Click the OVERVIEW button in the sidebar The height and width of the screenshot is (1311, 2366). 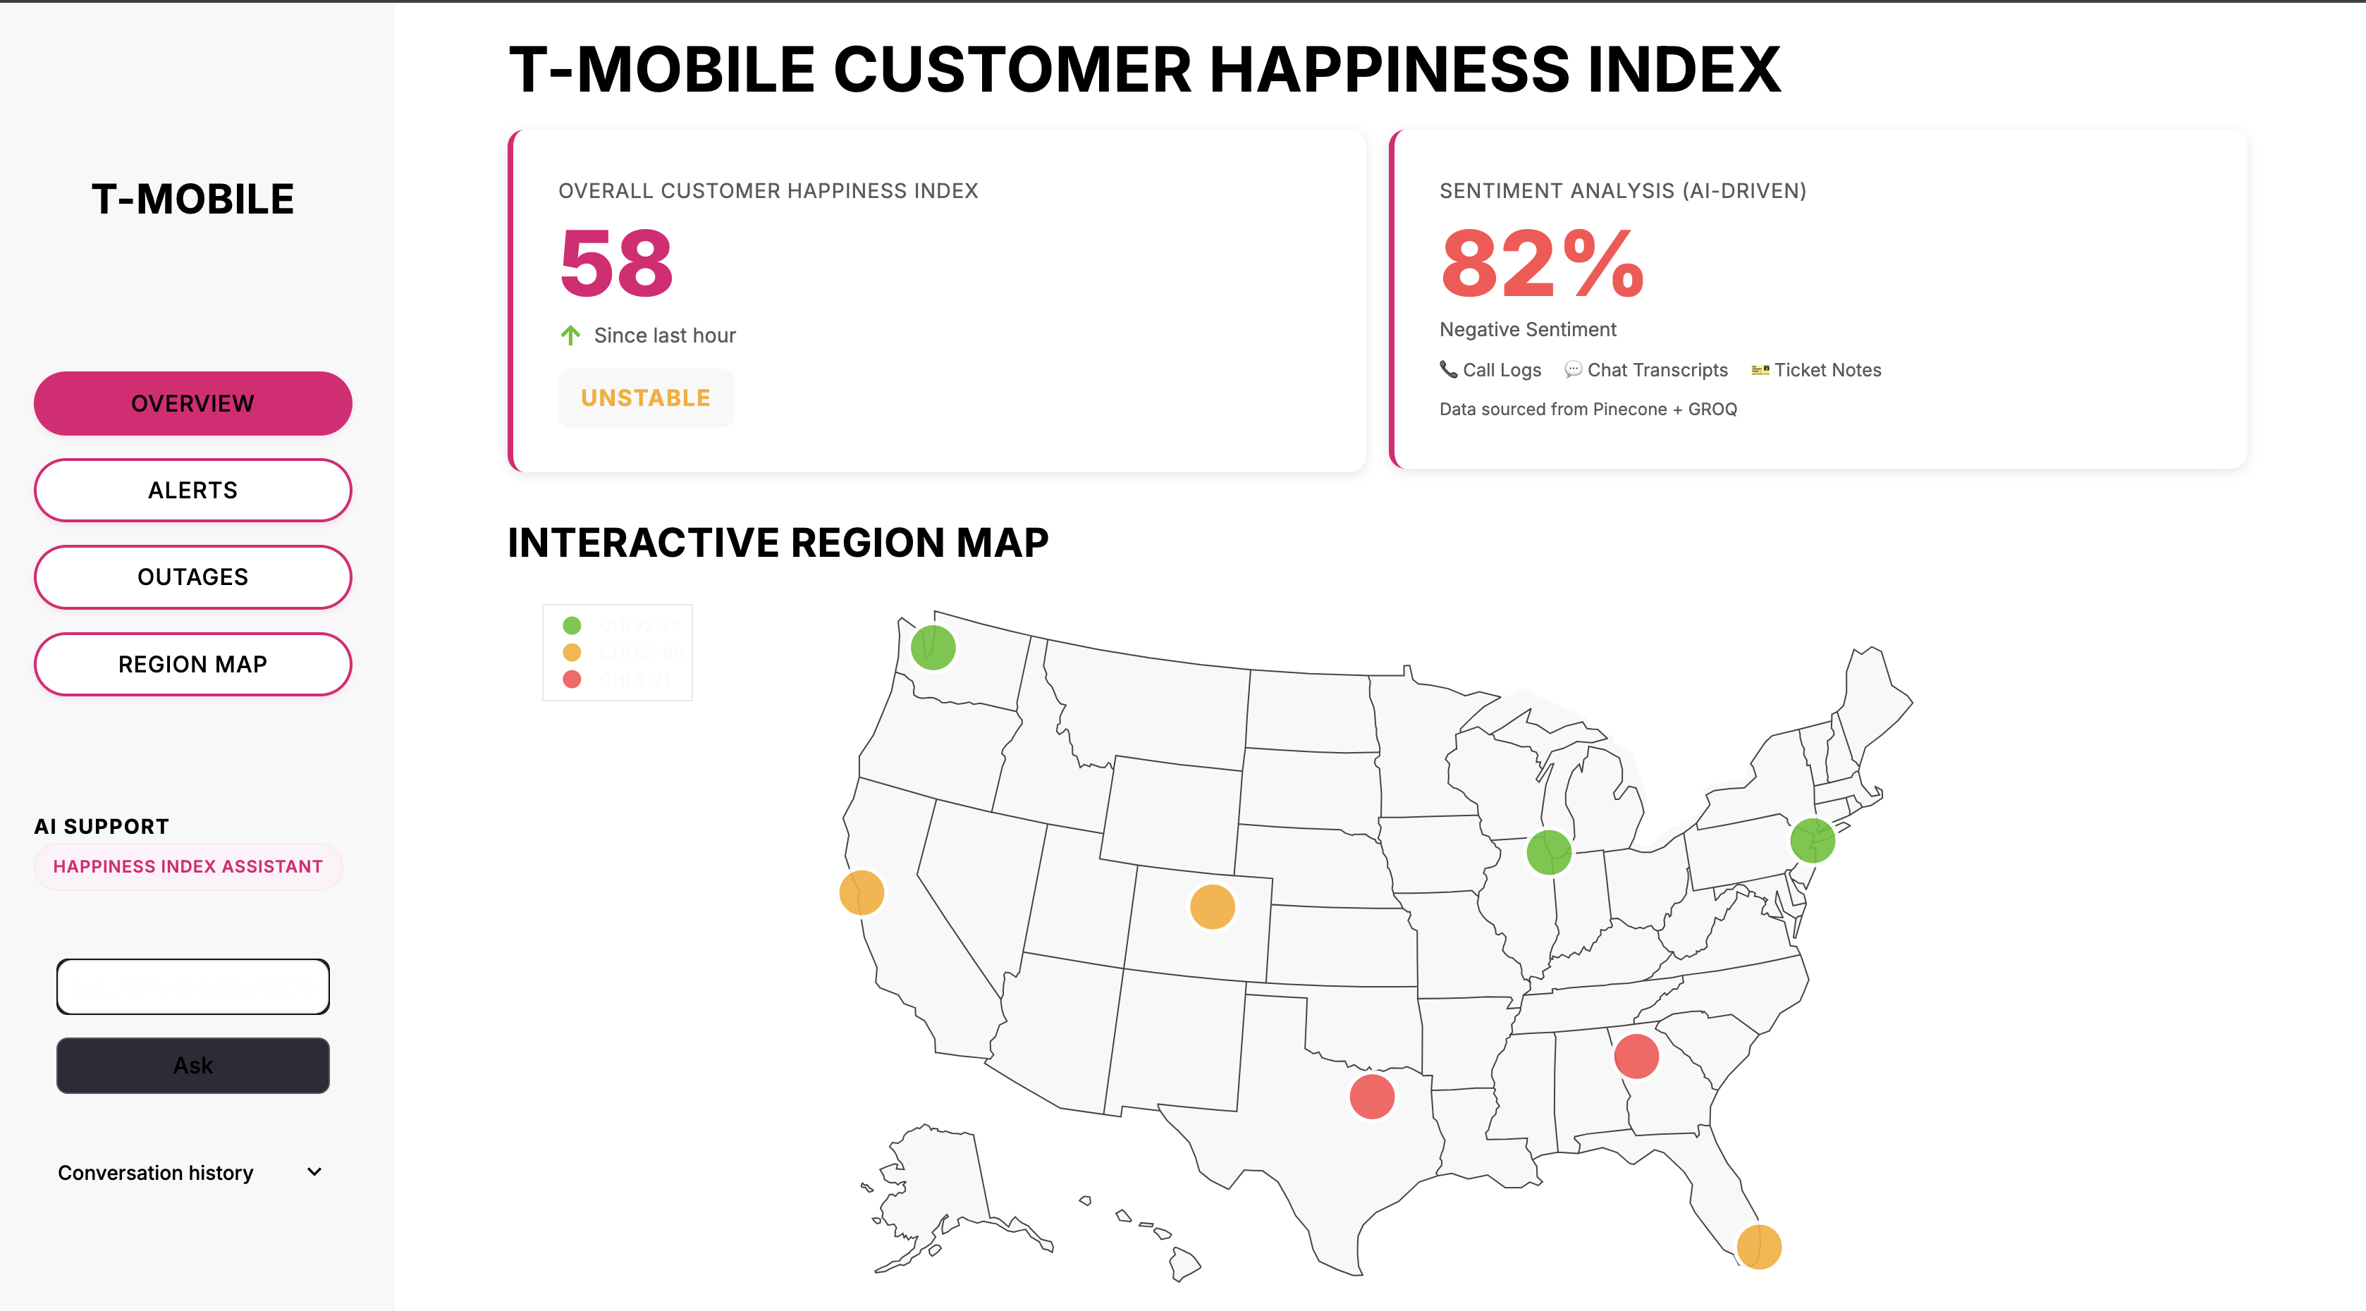193,403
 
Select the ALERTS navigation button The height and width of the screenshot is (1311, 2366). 193,491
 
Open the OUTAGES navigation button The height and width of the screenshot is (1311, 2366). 193,577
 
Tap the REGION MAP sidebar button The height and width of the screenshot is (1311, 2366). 193,664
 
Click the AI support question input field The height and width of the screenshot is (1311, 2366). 193,987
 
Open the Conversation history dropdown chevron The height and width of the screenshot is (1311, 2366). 314,1172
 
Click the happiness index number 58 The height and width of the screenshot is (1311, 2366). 616,264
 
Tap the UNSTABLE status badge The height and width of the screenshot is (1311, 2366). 646,398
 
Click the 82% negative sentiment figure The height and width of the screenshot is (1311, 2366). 1542,264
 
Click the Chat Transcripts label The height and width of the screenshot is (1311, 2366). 1657,370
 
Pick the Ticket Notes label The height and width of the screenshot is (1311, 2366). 1827,370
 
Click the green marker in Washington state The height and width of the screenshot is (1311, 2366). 933,647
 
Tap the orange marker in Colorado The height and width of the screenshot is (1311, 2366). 1213,907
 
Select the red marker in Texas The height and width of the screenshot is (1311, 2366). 1372,1096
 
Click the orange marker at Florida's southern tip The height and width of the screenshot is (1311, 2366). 1759,1247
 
